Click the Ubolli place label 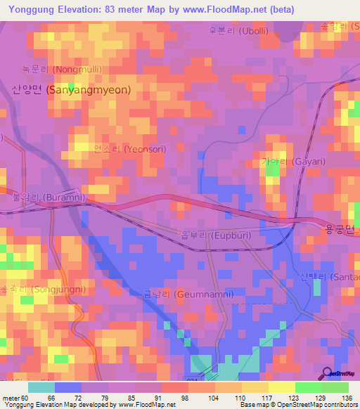point(239,31)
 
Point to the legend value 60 point(27,398)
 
